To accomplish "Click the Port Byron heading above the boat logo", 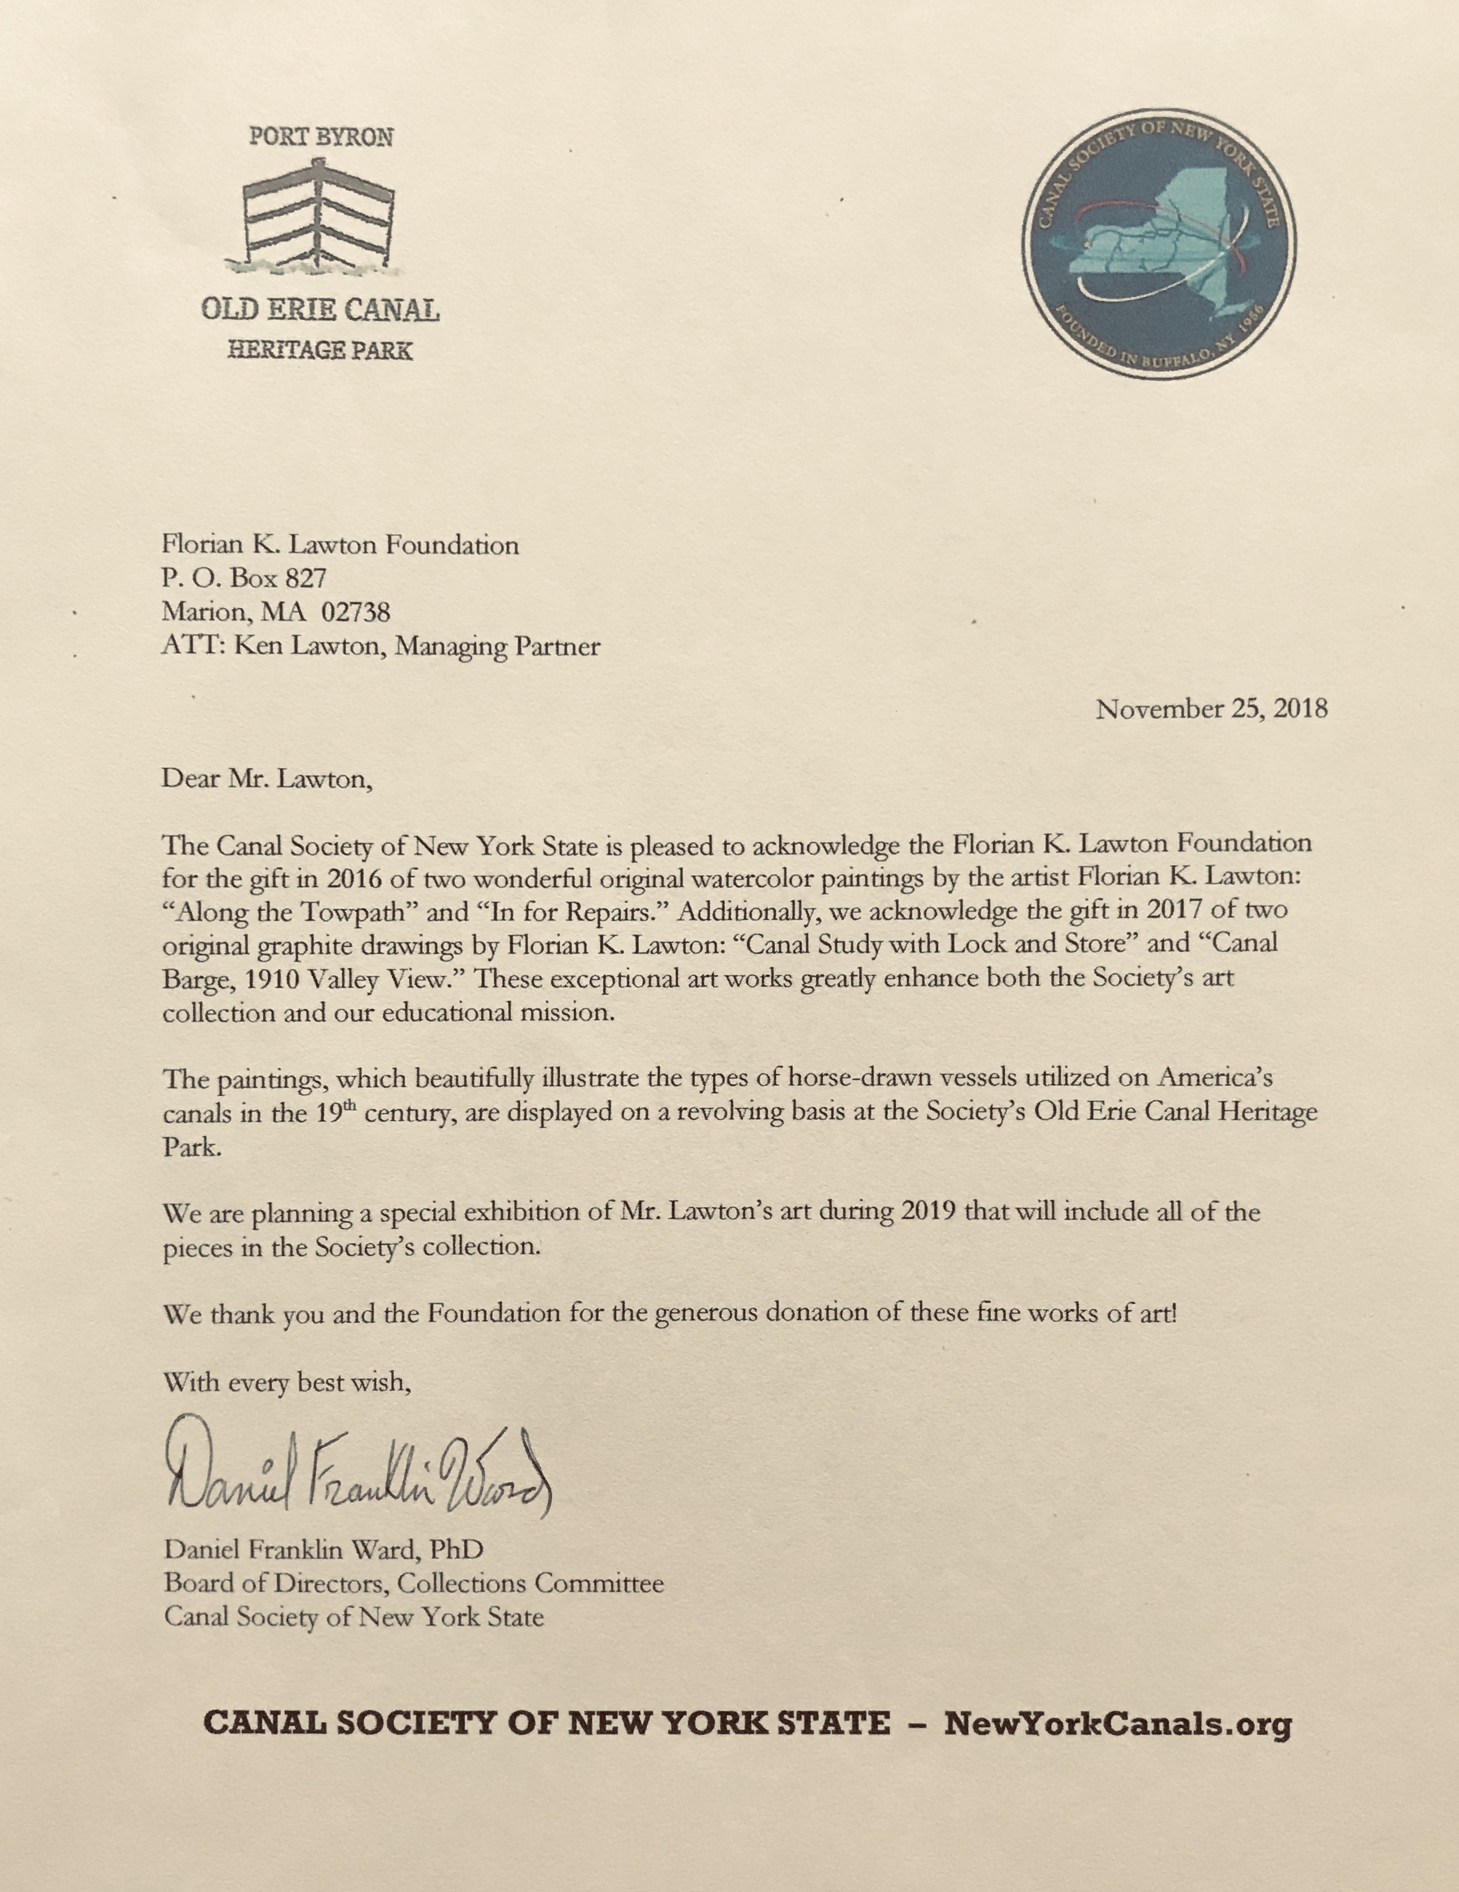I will click(x=320, y=137).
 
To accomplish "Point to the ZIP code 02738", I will click(x=356, y=613).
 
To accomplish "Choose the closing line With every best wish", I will click(x=286, y=1381).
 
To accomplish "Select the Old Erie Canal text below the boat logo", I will click(x=320, y=310).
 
